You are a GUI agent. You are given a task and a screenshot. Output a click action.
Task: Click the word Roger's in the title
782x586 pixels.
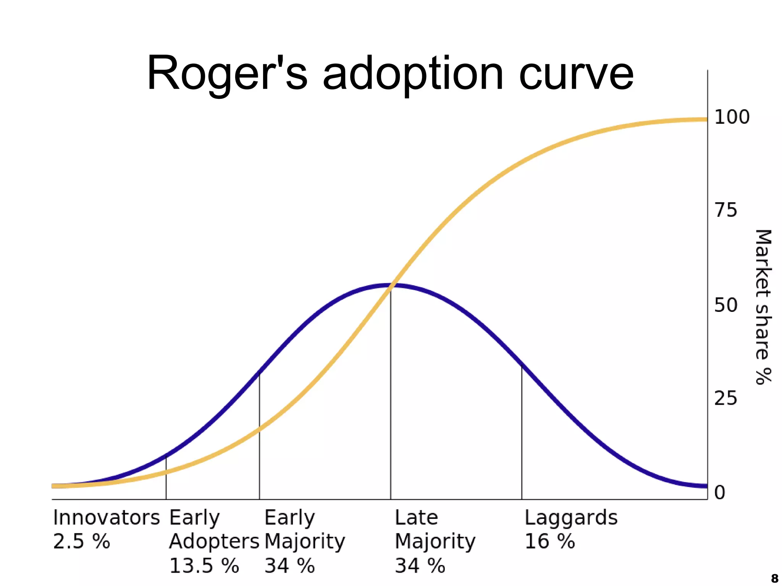227,73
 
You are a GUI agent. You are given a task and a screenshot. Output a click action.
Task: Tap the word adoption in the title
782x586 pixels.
413,73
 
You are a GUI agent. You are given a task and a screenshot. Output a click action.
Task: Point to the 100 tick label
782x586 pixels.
732,117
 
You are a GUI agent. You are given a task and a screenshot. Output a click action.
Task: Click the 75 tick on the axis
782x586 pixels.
725,210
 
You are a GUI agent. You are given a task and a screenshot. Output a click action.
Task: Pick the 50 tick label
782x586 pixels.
725,305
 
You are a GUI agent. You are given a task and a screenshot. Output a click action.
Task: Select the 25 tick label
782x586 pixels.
725,399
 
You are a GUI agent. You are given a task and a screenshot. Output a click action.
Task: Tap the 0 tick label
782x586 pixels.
719,492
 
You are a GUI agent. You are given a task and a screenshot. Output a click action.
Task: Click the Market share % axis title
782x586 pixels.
763,307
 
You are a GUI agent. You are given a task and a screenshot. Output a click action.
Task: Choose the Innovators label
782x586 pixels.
106,518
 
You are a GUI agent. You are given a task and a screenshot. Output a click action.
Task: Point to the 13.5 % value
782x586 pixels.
204,565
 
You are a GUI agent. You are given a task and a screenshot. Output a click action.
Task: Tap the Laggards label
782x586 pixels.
571,518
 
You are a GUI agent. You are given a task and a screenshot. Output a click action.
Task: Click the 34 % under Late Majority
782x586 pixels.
420,565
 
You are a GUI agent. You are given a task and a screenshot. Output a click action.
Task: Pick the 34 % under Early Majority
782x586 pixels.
289,565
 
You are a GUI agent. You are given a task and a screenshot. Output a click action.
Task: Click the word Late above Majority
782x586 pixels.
416,518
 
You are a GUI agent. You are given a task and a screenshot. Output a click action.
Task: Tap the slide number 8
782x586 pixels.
774,578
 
